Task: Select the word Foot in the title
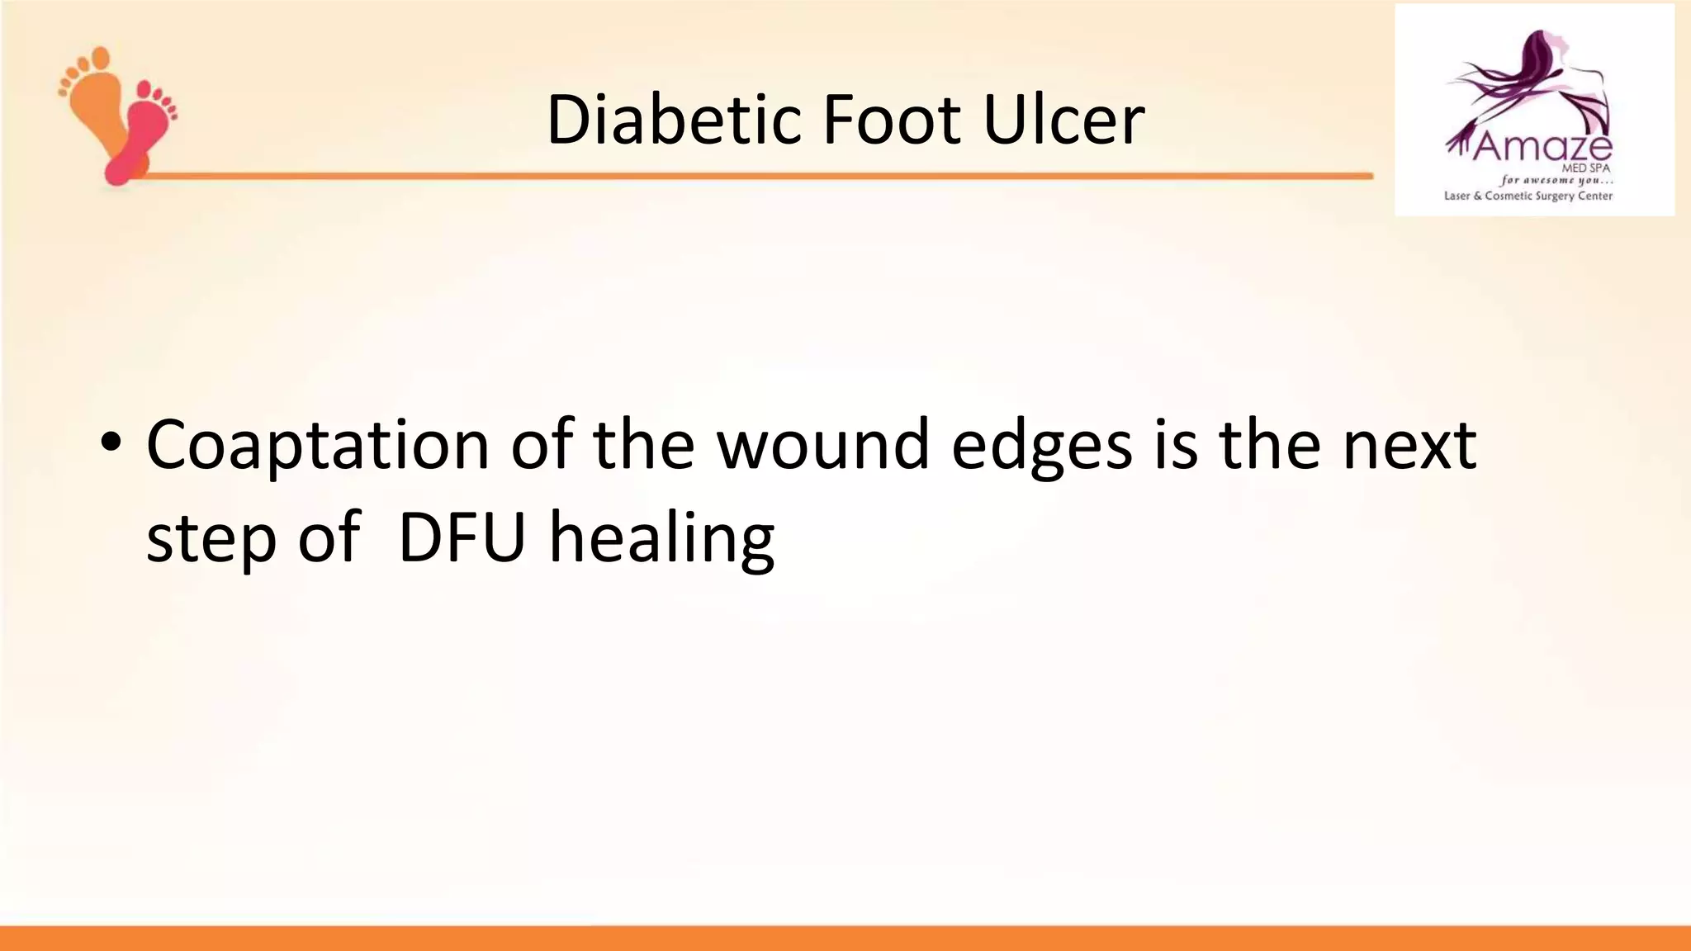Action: [891, 121]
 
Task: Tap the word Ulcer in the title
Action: [1063, 121]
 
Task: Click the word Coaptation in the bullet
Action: [318, 447]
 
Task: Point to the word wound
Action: [823, 446]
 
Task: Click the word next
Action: [1409, 446]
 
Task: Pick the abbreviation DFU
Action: [462, 538]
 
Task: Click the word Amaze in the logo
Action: [1541, 148]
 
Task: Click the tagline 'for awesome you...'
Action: [1556, 180]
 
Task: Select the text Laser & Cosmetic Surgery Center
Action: [1528, 196]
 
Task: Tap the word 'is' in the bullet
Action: [1176, 446]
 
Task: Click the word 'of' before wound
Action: [542, 446]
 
